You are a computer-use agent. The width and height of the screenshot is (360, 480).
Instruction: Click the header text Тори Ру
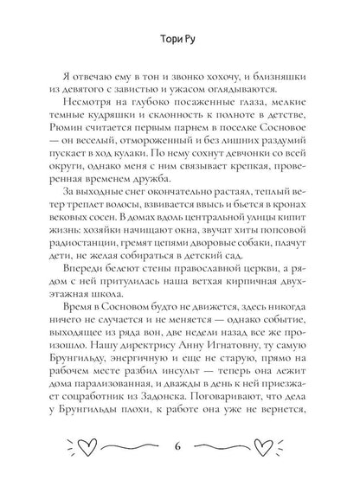point(179,38)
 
